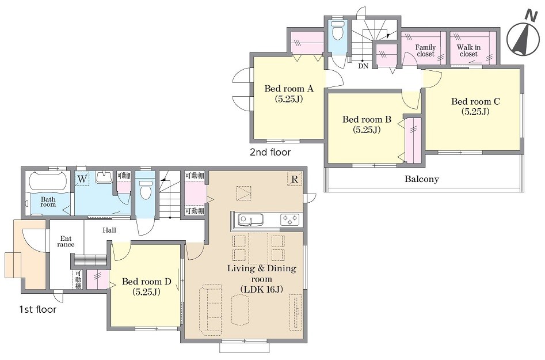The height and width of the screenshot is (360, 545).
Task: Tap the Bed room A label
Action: [x=289, y=93]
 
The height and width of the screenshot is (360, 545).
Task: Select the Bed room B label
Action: [x=367, y=124]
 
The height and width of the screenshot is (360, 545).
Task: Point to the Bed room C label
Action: [x=475, y=107]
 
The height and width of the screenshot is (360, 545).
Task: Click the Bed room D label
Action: [x=146, y=286]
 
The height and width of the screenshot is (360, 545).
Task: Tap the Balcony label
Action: [x=422, y=179]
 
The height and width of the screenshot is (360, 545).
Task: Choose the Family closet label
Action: [x=425, y=51]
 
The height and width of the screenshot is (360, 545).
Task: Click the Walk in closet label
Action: [x=468, y=51]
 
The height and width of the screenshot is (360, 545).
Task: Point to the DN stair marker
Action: [x=363, y=66]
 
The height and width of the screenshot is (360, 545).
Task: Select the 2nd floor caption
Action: [x=270, y=152]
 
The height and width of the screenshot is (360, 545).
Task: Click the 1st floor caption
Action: [x=37, y=309]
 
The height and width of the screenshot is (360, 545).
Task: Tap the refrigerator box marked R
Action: [x=295, y=179]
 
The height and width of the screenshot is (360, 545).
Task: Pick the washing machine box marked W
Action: [x=82, y=179]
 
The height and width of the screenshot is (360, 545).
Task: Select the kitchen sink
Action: [x=250, y=220]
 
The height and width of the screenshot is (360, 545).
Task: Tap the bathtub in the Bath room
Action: [x=48, y=182]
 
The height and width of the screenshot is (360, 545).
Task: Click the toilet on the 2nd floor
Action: [x=337, y=31]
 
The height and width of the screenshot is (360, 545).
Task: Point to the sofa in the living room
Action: [x=210, y=309]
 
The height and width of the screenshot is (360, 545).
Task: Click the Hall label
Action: [x=109, y=230]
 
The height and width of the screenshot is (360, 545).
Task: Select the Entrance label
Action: [x=66, y=241]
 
